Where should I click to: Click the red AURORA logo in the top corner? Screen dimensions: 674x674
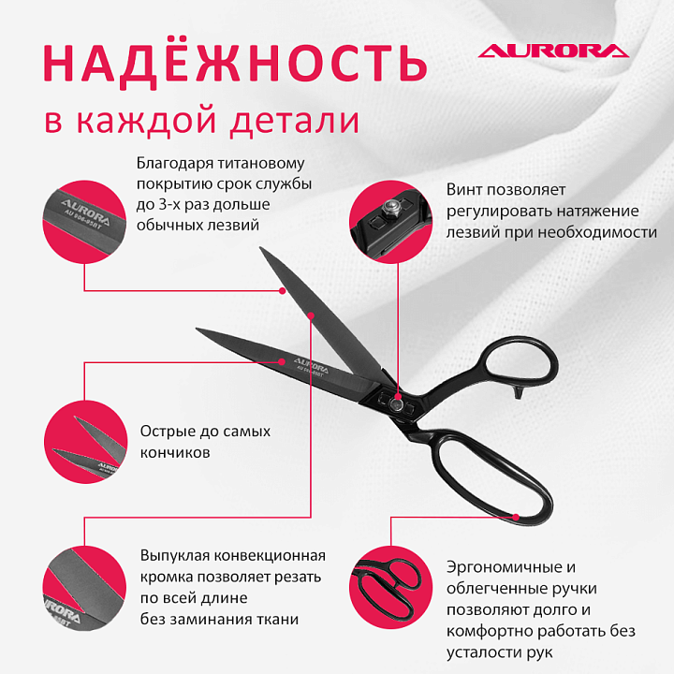pyautogui.click(x=553, y=51)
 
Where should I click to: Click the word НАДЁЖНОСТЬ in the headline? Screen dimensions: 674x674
pyautogui.click(x=235, y=63)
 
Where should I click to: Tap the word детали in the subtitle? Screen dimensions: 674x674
pyautogui.click(x=295, y=121)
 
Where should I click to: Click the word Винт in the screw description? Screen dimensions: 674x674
pyautogui.click(x=463, y=189)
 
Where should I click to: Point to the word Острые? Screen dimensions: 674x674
pyautogui.click(x=168, y=432)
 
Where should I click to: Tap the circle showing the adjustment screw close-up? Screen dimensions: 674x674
pyautogui.click(x=390, y=221)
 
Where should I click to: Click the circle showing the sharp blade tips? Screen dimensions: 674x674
pyautogui.click(x=85, y=442)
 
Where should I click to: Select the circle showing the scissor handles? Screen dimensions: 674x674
pyautogui.click(x=390, y=588)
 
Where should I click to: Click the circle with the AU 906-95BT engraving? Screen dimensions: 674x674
pyautogui.click(x=84, y=221)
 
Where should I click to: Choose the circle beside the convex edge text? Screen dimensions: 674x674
pyautogui.click(x=84, y=590)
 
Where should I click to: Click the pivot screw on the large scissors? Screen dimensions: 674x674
pyautogui.click(x=395, y=403)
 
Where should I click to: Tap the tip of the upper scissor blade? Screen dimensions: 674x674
pyautogui.click(x=260, y=247)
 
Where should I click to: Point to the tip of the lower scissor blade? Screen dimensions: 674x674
pyautogui.click(x=197, y=329)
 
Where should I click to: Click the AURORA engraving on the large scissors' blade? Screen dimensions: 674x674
pyautogui.click(x=311, y=364)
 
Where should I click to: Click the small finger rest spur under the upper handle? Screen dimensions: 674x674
pyautogui.click(x=519, y=392)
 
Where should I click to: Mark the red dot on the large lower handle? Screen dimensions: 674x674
pyautogui.click(x=516, y=517)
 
